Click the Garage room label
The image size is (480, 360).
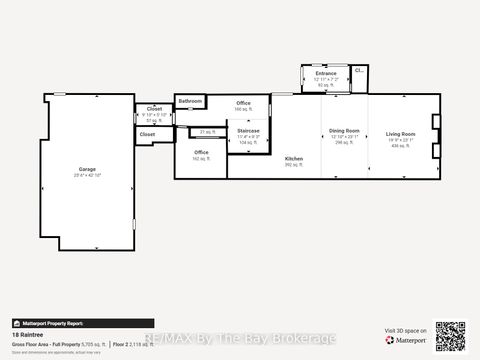pyautogui.click(x=87, y=169)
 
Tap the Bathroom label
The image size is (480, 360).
pyautogui.click(x=190, y=102)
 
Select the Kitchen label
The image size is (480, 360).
pyautogui.click(x=294, y=159)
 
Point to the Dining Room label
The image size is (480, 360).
pyautogui.click(x=344, y=130)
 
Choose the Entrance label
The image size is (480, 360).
pyautogui.click(x=326, y=73)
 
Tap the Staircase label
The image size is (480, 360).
pyautogui.click(x=248, y=131)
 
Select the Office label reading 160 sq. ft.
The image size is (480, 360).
pyautogui.click(x=244, y=103)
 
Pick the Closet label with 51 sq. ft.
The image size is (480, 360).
pyautogui.click(x=154, y=109)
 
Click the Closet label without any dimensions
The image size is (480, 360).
pyautogui.click(x=147, y=134)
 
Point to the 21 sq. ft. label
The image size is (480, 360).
pyautogui.click(x=208, y=132)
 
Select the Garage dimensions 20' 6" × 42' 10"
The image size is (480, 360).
pyautogui.click(x=87, y=175)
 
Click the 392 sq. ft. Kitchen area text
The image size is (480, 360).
pyautogui.click(x=294, y=165)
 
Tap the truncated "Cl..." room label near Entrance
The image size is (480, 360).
pyautogui.click(x=359, y=70)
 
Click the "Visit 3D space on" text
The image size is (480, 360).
pyautogui.click(x=404, y=330)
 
